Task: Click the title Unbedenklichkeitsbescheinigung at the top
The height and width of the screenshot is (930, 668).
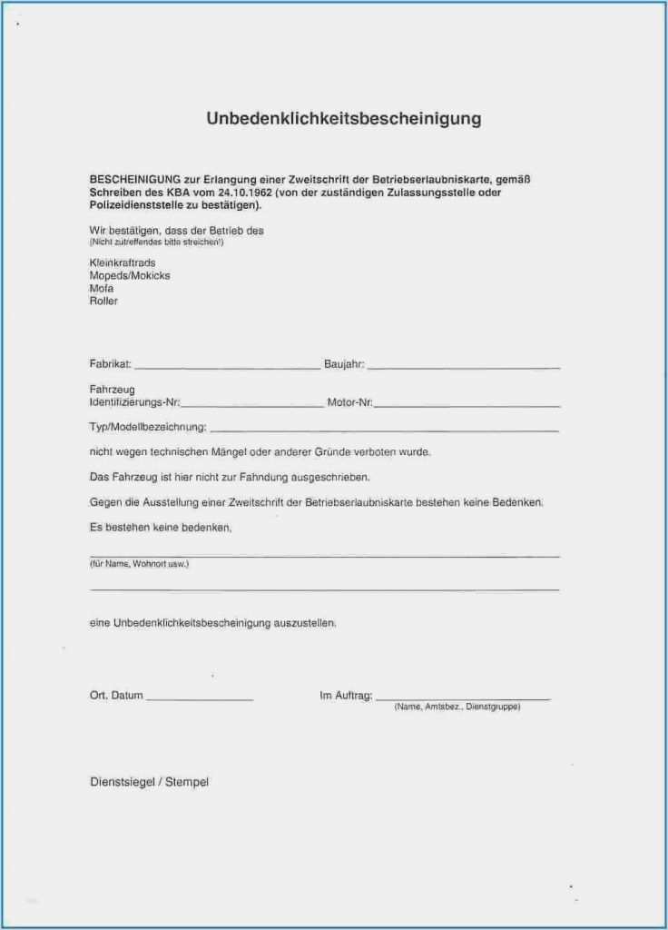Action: [x=343, y=119]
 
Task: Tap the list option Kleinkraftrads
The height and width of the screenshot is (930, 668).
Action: [x=123, y=262]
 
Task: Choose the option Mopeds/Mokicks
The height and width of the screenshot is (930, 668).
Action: [x=130, y=275]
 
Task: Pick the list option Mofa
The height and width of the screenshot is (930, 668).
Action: [x=102, y=288]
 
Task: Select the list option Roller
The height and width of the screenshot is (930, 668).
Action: [x=104, y=301]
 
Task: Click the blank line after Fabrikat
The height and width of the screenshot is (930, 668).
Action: [x=227, y=367]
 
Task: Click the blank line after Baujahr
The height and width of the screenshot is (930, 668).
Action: [x=464, y=367]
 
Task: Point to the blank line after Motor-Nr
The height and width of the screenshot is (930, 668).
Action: [x=467, y=405]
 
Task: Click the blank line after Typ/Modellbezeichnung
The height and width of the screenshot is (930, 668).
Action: [x=383, y=430]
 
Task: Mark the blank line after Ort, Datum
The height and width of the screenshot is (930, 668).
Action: [x=200, y=699]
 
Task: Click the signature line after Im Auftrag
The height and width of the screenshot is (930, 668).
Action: [x=462, y=698]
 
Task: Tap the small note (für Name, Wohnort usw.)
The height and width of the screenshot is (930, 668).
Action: [x=139, y=564]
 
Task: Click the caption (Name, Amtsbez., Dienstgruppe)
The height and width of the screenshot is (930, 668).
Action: [x=457, y=707]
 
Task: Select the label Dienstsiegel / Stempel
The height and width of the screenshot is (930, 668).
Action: [x=149, y=782]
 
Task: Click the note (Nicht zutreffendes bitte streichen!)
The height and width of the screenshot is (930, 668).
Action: [x=156, y=242]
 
